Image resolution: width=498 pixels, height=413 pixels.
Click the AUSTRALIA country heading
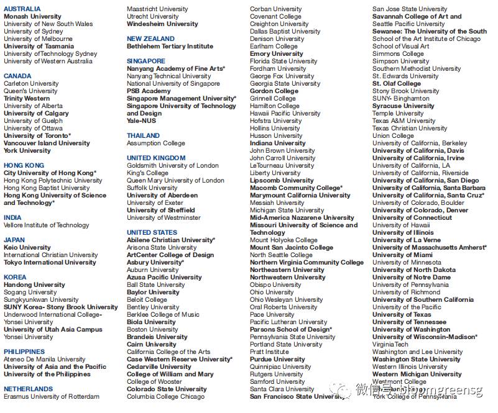(x=22, y=9)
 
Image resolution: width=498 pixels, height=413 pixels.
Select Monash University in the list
(x=32, y=17)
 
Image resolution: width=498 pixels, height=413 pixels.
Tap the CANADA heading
(x=17, y=76)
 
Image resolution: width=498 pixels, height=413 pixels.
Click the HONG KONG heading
(x=24, y=166)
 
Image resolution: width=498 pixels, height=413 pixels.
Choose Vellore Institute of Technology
(x=47, y=225)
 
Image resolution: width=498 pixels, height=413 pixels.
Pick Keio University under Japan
(x=27, y=248)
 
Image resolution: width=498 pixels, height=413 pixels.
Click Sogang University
(x=30, y=293)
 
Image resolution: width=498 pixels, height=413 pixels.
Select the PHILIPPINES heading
(x=24, y=352)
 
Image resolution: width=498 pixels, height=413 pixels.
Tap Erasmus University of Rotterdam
(x=52, y=397)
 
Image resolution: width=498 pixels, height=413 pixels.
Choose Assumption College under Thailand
(x=156, y=143)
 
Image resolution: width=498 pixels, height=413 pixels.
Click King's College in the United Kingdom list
(x=147, y=173)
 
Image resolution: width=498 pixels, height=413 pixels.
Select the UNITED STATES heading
(x=152, y=233)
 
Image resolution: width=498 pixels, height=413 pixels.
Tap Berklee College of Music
(x=164, y=315)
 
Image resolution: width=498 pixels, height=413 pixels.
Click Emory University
(x=277, y=54)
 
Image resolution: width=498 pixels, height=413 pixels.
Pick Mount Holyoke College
(x=284, y=240)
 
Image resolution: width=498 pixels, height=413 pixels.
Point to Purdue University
(x=278, y=360)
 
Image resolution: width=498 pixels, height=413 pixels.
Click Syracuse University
(x=403, y=106)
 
